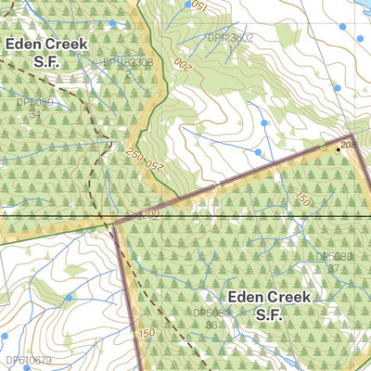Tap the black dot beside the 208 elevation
pos(338,148)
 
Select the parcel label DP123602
pos(229,38)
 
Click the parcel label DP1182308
pos(127,62)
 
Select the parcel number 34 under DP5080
pos(34,114)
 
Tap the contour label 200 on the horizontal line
pos(151,214)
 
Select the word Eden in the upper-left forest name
pos(25,43)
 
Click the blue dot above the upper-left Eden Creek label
pos(113,22)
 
